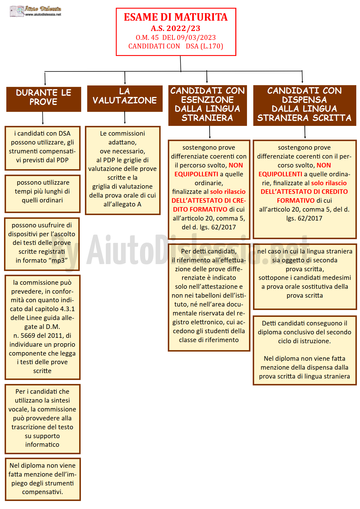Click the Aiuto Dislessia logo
36,11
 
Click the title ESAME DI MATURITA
176,17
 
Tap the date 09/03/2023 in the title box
196,38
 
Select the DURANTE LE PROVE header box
44,99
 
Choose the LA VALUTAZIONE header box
125,98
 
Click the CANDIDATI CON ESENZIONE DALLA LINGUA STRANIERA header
207,105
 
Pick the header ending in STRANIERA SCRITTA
304,105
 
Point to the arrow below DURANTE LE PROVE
43,118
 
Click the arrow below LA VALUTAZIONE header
125,118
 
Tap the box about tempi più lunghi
42,194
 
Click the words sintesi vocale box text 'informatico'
42,444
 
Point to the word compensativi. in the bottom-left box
42,492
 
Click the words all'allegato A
122,204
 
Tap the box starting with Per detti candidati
209,297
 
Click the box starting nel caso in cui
305,276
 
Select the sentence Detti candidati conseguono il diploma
304,332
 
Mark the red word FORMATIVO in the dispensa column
296,200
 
